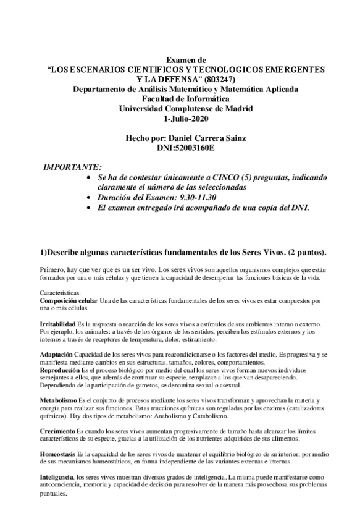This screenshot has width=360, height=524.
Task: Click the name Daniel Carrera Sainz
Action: (204, 139)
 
